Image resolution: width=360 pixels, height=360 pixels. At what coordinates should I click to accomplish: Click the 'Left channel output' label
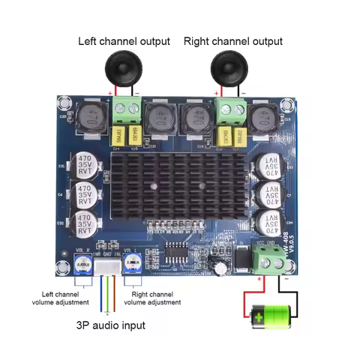(x=124, y=40)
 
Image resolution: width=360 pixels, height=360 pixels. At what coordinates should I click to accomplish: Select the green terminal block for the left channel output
(x=126, y=112)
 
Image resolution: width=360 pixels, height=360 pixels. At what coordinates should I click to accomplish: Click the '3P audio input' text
(x=111, y=325)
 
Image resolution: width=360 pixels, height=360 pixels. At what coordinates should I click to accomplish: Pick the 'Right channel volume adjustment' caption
(x=152, y=298)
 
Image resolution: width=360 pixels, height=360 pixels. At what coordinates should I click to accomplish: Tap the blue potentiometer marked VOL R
(x=82, y=263)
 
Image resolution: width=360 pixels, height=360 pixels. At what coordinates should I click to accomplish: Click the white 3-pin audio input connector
(x=108, y=266)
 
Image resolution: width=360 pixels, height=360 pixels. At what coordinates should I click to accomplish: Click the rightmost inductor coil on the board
(x=263, y=118)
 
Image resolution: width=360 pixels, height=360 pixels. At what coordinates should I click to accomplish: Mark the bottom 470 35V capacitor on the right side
(x=269, y=223)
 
